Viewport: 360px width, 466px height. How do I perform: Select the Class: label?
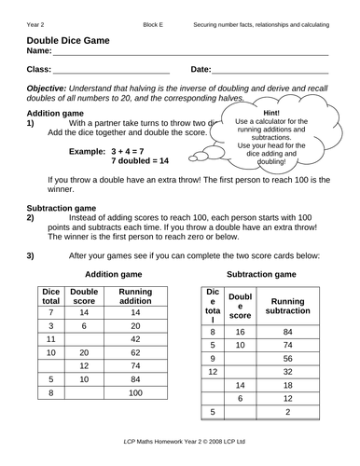pyautogui.click(x=40, y=70)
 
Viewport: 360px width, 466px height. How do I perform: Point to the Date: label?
pyautogui.click(x=201, y=70)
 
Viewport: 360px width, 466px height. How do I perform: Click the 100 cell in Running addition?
pyautogui.click(x=135, y=393)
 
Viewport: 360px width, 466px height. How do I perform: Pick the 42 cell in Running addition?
pyautogui.click(x=135, y=340)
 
